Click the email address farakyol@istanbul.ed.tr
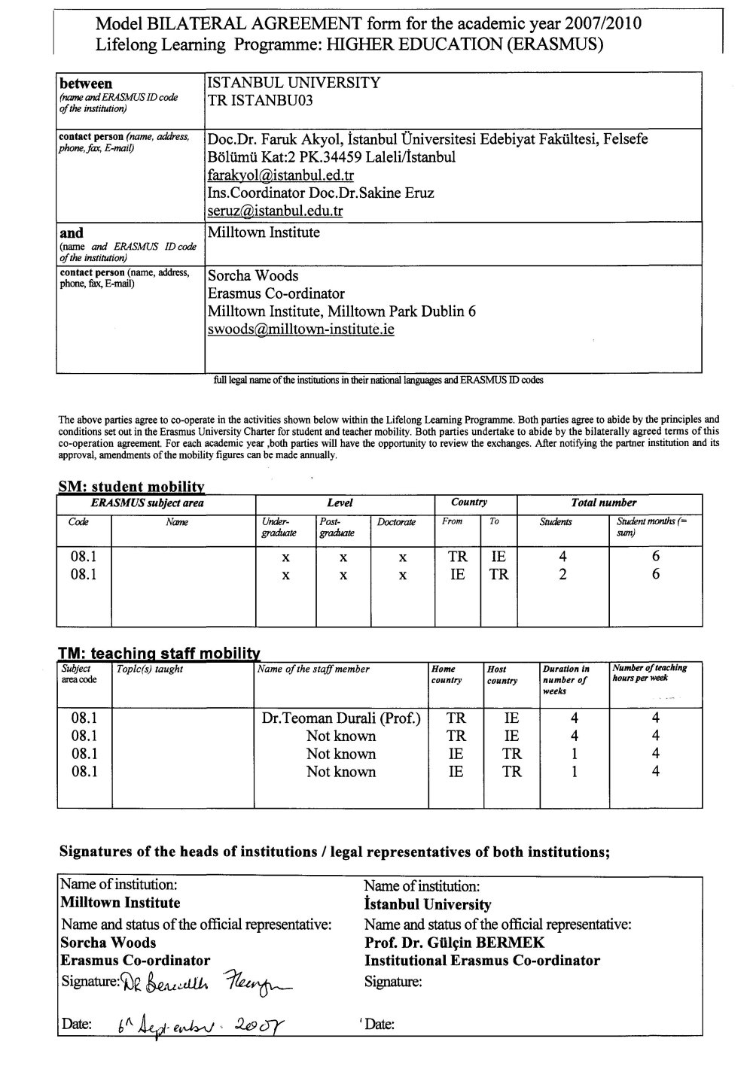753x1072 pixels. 280,175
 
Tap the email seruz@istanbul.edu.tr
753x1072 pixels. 275,211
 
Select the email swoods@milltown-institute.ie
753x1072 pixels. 301,329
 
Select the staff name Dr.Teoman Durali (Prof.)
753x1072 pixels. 340,718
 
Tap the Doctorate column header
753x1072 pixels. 396,521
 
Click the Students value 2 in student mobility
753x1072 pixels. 562,575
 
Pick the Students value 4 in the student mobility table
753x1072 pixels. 562,557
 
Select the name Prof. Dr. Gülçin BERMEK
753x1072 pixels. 454,943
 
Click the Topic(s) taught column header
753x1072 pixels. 150,669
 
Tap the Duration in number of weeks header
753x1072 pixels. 566,679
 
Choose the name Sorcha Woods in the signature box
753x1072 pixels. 108,943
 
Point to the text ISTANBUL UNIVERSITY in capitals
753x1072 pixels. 293,83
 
